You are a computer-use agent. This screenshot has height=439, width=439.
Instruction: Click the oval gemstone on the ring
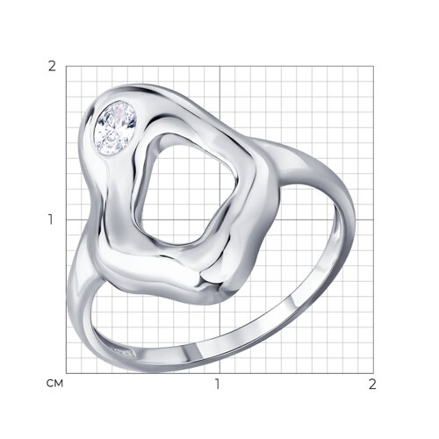click(115, 127)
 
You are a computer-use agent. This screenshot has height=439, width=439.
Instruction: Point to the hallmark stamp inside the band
click(124, 352)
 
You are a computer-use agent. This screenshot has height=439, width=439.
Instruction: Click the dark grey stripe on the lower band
click(191, 353)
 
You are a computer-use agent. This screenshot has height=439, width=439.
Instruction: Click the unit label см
click(54, 384)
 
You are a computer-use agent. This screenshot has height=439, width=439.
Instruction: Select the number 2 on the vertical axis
click(52, 67)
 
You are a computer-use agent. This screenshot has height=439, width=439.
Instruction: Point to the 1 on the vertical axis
click(52, 219)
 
